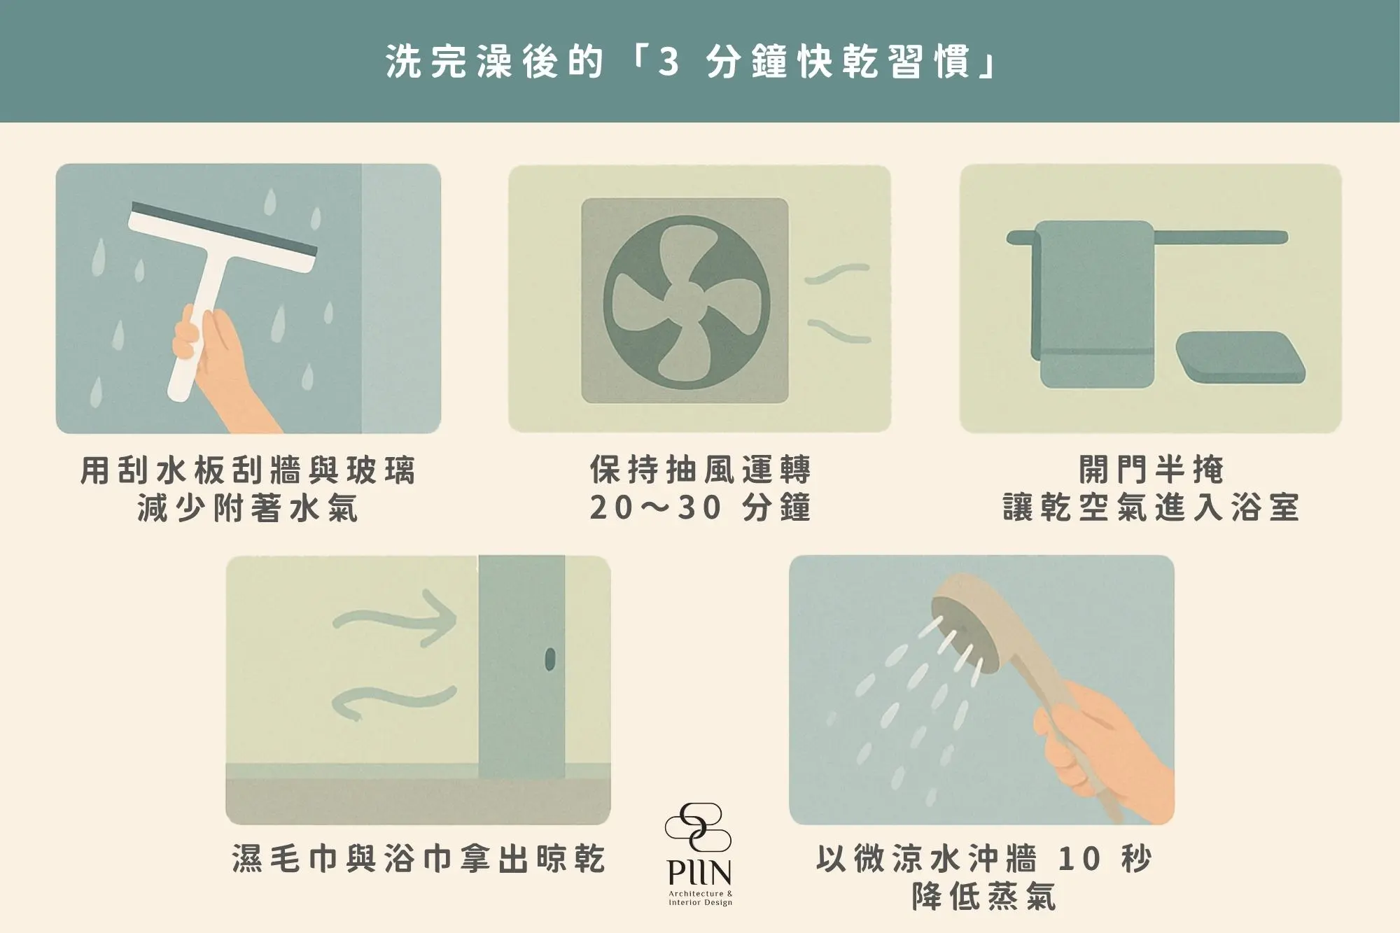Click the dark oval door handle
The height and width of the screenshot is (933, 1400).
coord(549,659)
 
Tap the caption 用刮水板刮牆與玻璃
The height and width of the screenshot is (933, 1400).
coord(248,470)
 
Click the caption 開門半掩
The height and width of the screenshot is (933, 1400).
coord(1151,470)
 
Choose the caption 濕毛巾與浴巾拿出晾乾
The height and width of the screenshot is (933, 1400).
coord(418,858)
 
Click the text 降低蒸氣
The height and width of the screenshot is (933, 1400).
coord(983,896)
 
